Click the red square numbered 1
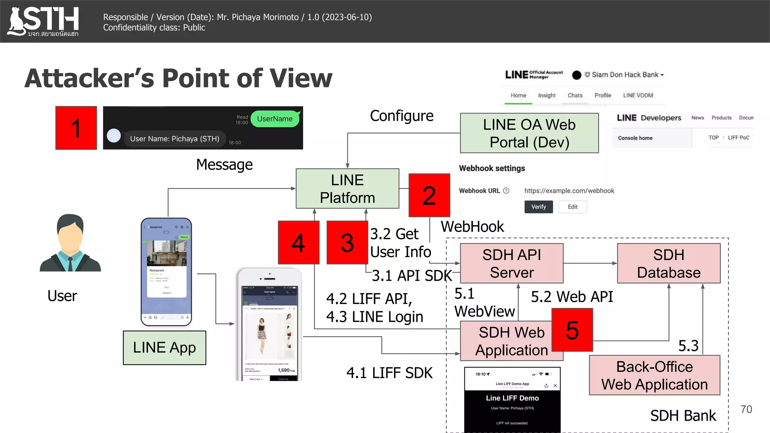point(76,128)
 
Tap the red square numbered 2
point(429,195)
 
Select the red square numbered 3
point(347,242)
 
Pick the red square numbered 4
point(299,242)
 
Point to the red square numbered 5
point(572,330)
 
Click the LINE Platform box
point(347,189)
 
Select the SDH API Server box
point(511,263)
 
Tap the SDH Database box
point(668,263)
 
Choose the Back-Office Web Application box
point(654,375)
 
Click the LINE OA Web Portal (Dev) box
point(529,133)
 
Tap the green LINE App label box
point(164,348)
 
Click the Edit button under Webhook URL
point(572,207)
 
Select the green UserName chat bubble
point(275,119)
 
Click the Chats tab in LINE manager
point(575,95)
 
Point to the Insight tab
point(547,95)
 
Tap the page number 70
point(746,409)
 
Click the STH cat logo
point(17,22)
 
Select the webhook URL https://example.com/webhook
point(569,191)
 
